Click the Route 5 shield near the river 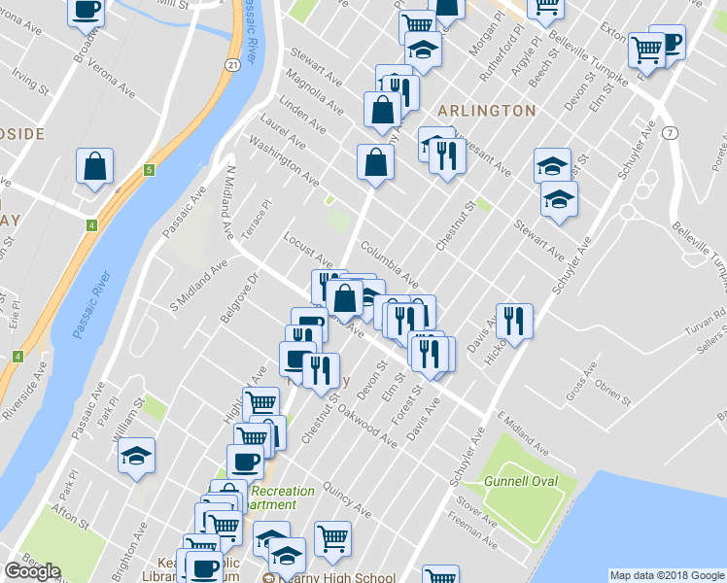[149, 171]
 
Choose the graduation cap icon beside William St [136, 454]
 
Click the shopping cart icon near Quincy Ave [331, 538]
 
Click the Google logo [32, 571]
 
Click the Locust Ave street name [308, 250]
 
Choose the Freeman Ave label [473, 531]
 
